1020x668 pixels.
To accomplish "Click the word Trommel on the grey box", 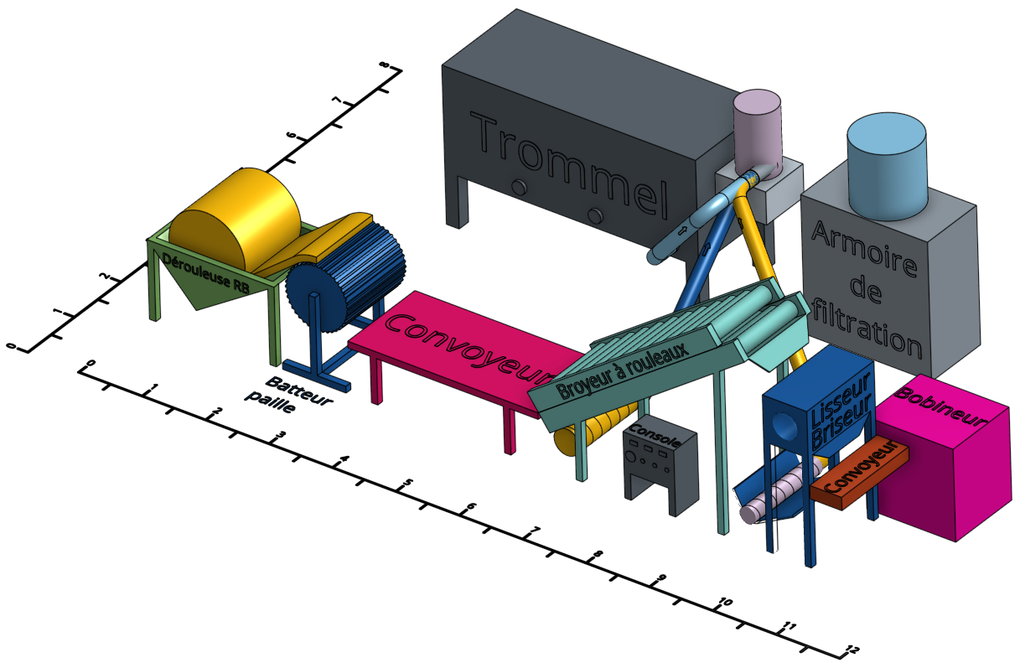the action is point(569,166).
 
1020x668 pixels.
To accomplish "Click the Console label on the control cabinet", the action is point(655,435).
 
